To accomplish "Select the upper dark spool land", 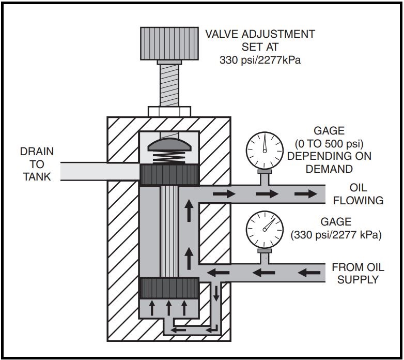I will coord(169,175).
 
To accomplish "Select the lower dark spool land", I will coord(169,288).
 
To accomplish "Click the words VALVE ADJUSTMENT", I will coord(260,35).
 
